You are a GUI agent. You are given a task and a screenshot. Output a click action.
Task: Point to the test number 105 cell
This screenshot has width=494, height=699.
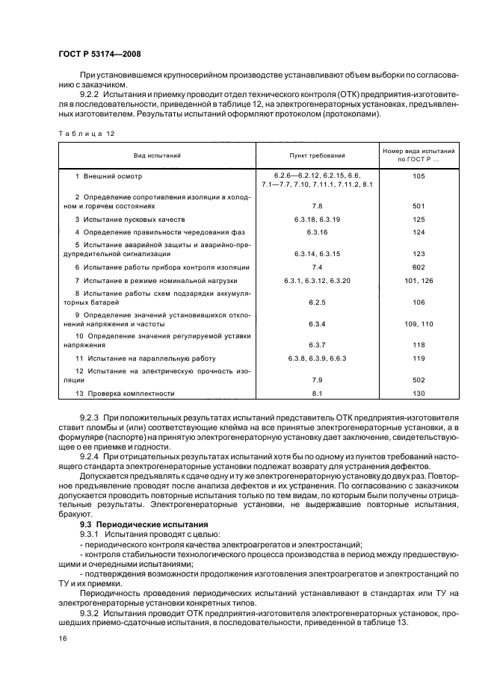pyautogui.click(x=418, y=176)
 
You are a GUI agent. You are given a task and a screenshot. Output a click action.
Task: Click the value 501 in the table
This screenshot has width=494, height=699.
pyautogui.click(x=418, y=205)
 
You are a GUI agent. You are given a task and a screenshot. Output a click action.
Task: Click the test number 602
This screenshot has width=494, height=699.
pyautogui.click(x=418, y=267)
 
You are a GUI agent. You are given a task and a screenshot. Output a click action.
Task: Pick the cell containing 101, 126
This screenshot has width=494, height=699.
pyautogui.click(x=418, y=280)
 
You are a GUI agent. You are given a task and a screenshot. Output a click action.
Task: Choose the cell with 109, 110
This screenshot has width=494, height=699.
pyautogui.click(x=418, y=324)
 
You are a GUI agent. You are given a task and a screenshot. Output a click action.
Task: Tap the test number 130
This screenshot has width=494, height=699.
pyautogui.click(x=418, y=394)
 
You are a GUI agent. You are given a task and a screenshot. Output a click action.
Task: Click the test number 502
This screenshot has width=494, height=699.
pyautogui.click(x=418, y=379)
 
